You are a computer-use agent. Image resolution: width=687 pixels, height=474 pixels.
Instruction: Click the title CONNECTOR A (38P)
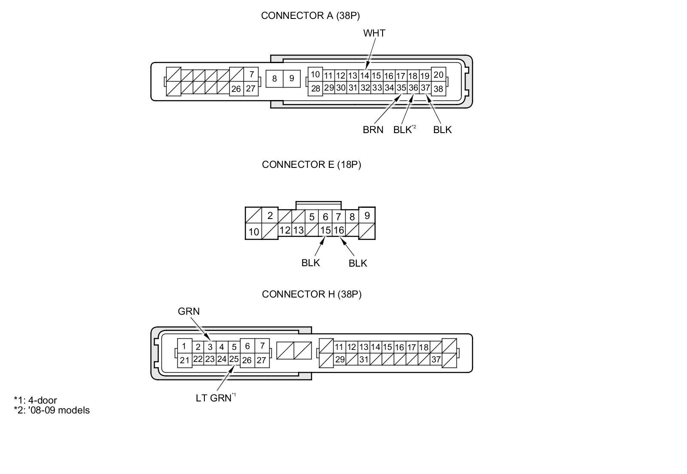tap(310, 16)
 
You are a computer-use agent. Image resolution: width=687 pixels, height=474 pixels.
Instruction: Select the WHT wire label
tap(374, 33)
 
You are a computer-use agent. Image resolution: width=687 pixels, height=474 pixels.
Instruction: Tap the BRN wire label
tap(373, 130)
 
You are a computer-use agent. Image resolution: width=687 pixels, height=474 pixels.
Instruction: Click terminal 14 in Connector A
tap(365, 76)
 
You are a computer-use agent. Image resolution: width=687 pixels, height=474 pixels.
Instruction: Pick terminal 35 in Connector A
tap(401, 88)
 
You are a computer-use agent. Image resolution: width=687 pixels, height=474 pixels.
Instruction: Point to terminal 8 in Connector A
tap(274, 79)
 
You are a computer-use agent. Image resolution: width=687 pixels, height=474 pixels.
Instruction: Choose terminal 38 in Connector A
tap(438, 89)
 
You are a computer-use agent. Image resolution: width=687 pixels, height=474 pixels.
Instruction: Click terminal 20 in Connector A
tap(438, 75)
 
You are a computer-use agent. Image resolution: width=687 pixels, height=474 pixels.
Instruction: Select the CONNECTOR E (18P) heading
tap(311, 165)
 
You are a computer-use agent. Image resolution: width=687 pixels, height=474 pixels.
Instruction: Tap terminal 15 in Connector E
tap(325, 231)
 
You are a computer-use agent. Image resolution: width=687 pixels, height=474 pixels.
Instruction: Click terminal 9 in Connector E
tap(367, 216)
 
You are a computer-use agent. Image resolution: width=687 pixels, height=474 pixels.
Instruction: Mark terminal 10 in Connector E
tap(254, 232)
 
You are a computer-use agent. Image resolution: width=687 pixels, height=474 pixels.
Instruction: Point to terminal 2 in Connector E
tap(270, 216)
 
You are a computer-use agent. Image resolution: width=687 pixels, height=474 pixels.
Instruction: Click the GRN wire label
tap(189, 311)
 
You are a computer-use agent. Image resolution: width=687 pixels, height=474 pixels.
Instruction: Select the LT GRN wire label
tap(214, 398)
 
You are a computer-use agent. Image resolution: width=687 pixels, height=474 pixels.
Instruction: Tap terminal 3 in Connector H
tap(210, 347)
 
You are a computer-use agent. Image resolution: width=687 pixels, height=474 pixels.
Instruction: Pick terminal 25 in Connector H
tap(234, 359)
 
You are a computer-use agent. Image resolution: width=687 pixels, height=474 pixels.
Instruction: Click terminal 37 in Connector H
tap(436, 360)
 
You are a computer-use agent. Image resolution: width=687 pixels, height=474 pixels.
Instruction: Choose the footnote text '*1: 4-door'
tap(35, 401)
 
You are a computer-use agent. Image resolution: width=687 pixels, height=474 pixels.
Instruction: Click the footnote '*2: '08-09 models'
tap(52, 410)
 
